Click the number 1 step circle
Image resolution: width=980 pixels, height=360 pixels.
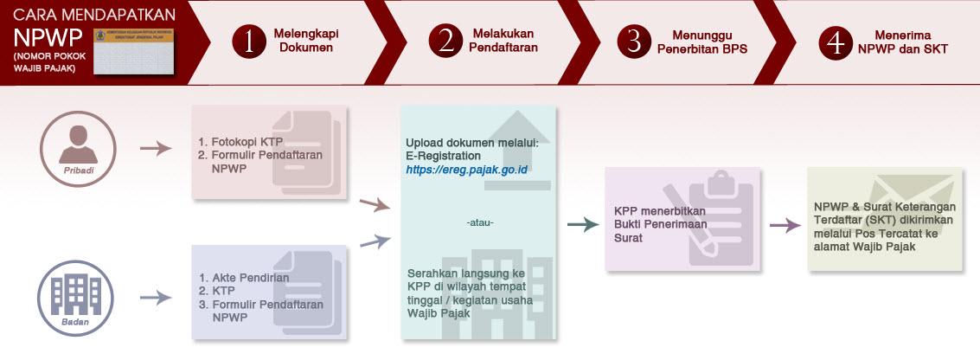click(250, 42)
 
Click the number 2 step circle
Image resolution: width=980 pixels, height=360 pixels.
click(446, 42)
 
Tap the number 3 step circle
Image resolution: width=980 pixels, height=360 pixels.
click(634, 42)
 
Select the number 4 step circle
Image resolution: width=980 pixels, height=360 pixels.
click(836, 42)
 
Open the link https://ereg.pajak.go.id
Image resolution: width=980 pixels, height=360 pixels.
click(466, 170)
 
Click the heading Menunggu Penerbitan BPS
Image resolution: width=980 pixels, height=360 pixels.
click(698, 42)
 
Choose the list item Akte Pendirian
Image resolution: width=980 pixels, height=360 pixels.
click(252, 278)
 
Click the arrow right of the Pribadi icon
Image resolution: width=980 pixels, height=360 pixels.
click(156, 148)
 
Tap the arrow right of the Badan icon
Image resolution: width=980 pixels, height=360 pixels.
click(156, 298)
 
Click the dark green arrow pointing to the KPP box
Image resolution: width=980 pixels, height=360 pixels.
click(584, 225)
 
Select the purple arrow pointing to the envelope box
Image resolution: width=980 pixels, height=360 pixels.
click(785, 225)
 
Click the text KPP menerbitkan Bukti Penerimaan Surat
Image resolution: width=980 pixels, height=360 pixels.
click(660, 224)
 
